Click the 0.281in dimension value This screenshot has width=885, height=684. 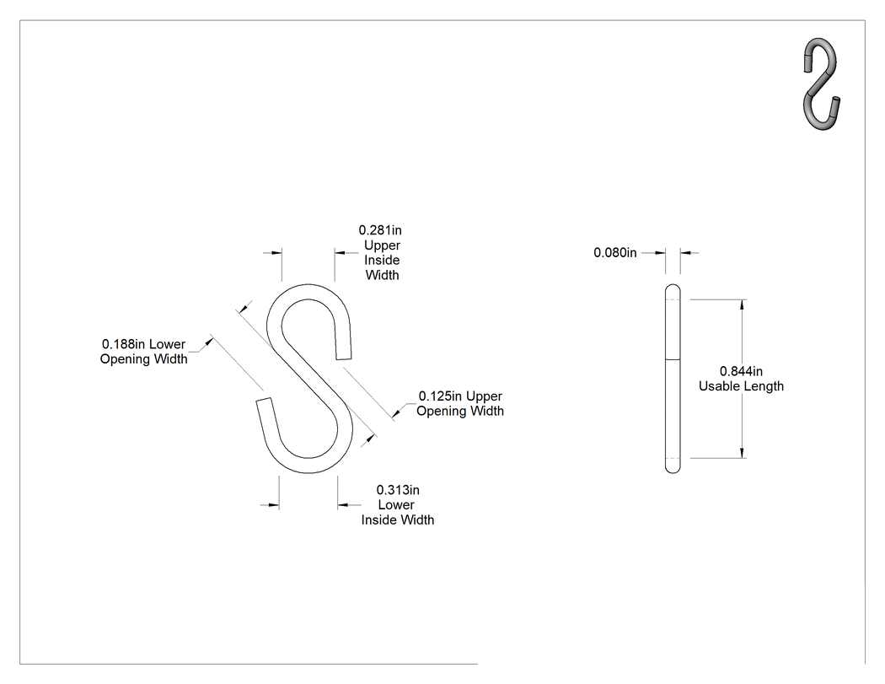(380, 230)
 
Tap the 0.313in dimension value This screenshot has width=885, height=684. (398, 490)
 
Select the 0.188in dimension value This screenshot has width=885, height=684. (123, 344)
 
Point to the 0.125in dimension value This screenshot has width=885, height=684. (440, 396)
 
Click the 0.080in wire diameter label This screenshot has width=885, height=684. (614, 253)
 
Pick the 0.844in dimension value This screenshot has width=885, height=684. (741, 372)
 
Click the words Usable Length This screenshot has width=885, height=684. (741, 386)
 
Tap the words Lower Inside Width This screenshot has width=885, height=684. (397, 512)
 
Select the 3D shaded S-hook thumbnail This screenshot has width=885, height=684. (822, 84)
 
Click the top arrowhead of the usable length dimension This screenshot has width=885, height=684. (743, 304)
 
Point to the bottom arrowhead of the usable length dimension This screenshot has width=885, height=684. (743, 452)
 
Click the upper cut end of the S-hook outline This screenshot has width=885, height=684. (344, 357)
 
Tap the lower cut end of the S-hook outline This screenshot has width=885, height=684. (264, 401)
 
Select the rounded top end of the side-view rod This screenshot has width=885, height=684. (673, 288)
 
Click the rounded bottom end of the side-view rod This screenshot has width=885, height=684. (673, 469)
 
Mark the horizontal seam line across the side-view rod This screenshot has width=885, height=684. (673, 360)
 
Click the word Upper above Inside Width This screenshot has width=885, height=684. (382, 245)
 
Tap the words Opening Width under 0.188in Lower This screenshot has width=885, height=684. (144, 359)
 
